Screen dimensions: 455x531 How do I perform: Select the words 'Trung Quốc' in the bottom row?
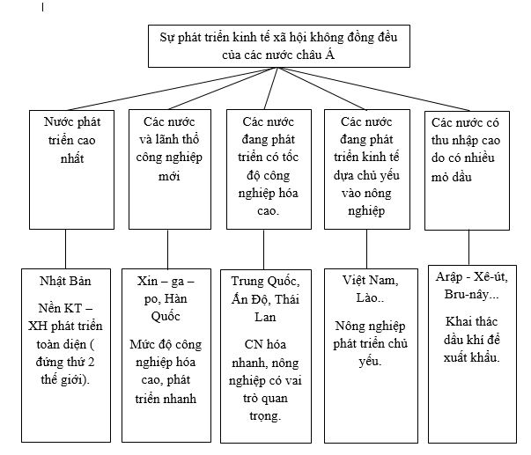pos(263,282)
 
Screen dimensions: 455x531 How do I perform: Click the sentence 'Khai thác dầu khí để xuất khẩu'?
pos(472,339)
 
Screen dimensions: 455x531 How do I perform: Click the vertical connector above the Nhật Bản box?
pos(66,246)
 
